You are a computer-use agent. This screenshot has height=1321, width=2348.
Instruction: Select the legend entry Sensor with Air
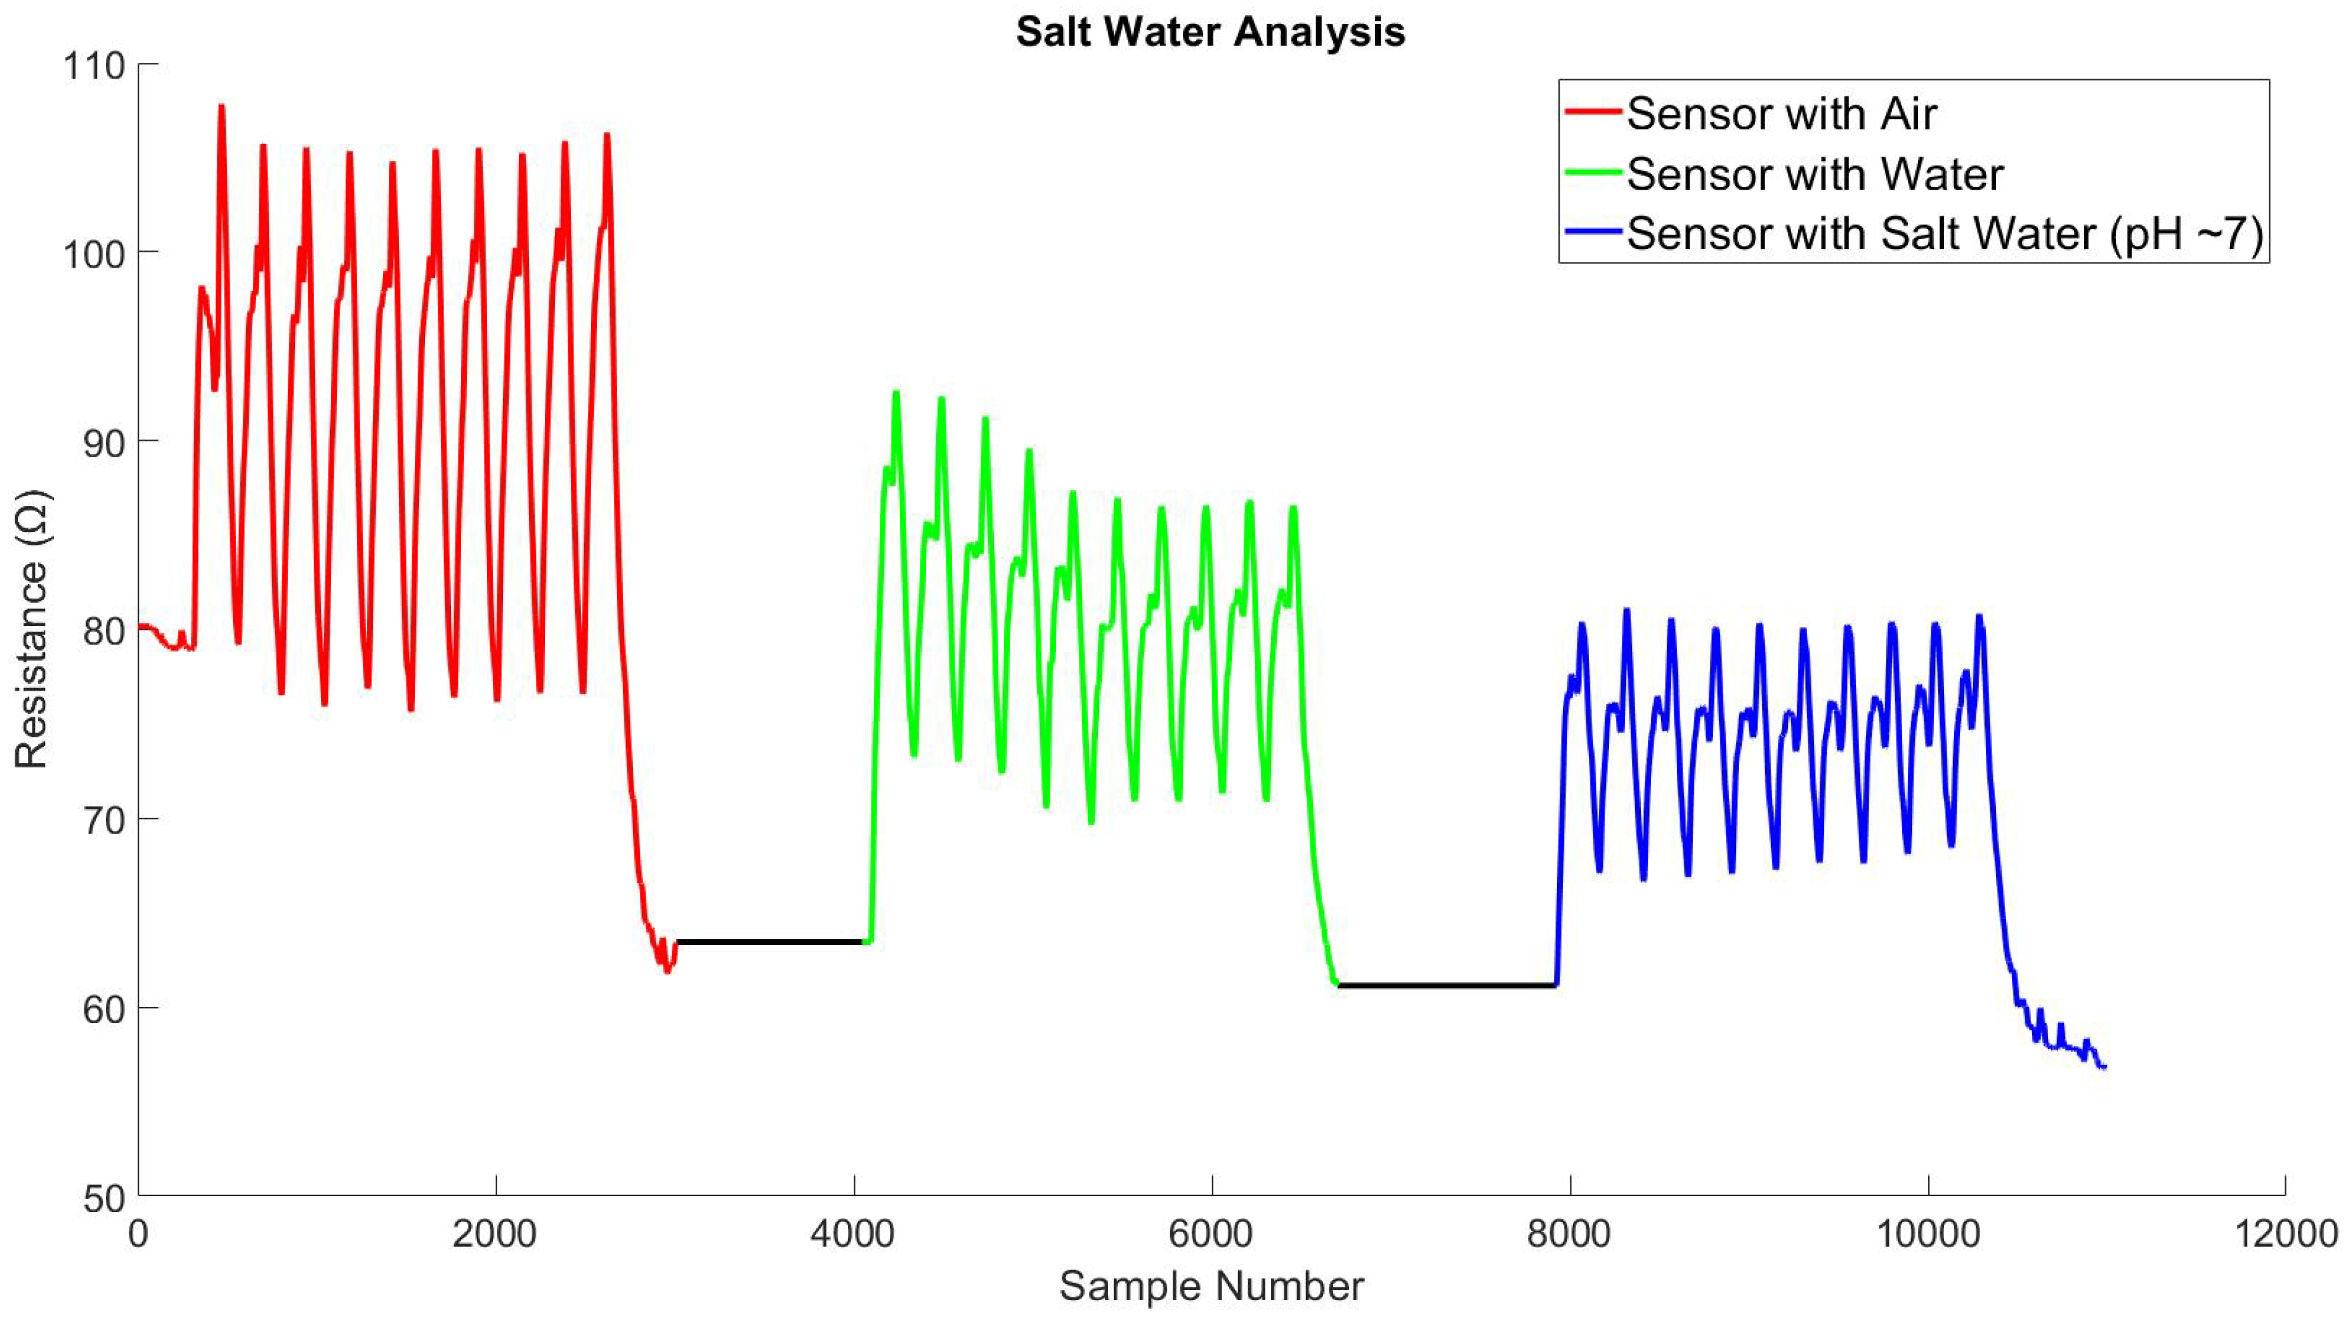[x=1782, y=114]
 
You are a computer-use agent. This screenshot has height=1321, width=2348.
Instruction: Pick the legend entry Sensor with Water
[x=1814, y=174]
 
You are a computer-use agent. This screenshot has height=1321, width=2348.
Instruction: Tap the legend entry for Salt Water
[x=1944, y=234]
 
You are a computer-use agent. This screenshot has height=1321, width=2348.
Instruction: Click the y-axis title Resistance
[x=32, y=629]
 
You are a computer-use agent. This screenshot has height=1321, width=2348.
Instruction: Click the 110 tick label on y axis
[x=93, y=66]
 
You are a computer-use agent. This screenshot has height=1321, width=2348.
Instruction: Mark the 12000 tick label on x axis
[x=2284, y=1234]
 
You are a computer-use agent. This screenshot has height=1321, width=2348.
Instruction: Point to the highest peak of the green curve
[x=896, y=393]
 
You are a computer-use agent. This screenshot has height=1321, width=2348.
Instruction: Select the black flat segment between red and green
[x=770, y=941]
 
